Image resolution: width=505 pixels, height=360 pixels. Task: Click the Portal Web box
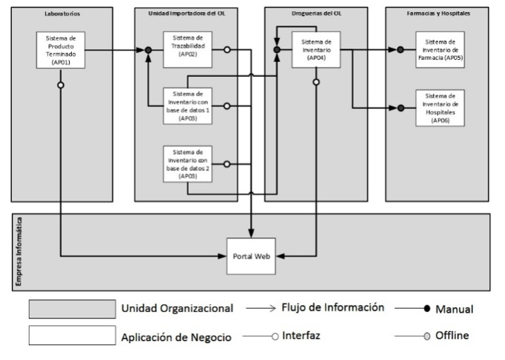251,255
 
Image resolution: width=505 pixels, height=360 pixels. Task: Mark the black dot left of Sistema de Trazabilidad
148,50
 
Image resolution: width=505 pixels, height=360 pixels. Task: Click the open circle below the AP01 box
61,85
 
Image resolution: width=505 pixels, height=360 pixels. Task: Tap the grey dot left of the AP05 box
401,50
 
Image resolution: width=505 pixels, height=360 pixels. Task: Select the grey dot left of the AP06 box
401,108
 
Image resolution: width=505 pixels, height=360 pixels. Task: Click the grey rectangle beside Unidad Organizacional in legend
71,309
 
